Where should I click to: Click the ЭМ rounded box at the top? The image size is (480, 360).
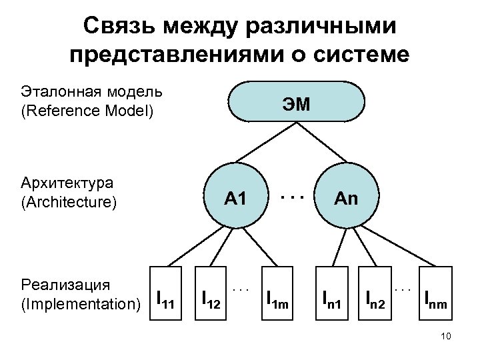pos(297,103)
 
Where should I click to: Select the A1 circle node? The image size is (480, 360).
pos(236,197)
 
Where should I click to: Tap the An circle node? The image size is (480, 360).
pos(347,197)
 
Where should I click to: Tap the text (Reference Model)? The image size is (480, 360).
pos(87,111)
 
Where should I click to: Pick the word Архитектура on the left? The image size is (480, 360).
pos(67,183)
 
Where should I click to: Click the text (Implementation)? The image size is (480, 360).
pos(81,304)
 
